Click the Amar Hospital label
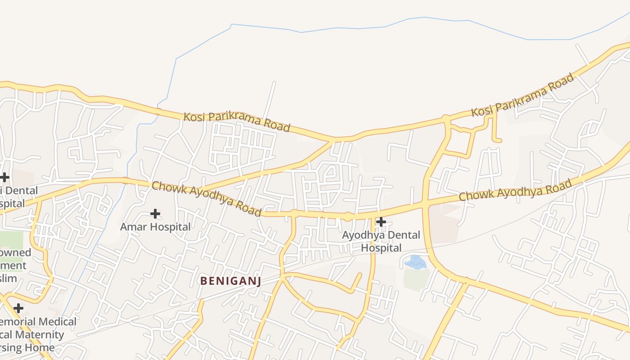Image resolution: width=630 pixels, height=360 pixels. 155,227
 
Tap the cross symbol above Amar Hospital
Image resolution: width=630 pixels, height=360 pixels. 155,213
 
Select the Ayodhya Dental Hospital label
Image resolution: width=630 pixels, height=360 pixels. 381,241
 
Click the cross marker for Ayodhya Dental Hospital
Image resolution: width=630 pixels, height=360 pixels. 381,221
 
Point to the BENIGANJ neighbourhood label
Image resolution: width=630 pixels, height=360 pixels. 230,281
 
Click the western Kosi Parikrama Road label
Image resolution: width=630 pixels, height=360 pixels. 237,121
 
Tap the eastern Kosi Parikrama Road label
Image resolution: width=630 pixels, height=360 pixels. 523,95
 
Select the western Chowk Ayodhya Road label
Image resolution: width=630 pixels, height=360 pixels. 207,198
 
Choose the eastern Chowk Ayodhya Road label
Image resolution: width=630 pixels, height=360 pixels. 515,190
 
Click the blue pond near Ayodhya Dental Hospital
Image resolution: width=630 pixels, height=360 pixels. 415,262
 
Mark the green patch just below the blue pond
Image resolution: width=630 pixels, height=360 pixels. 416,279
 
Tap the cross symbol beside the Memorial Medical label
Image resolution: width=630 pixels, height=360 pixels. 18,308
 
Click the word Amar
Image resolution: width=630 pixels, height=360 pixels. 134,227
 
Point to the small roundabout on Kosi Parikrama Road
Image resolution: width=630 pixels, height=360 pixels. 446,118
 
